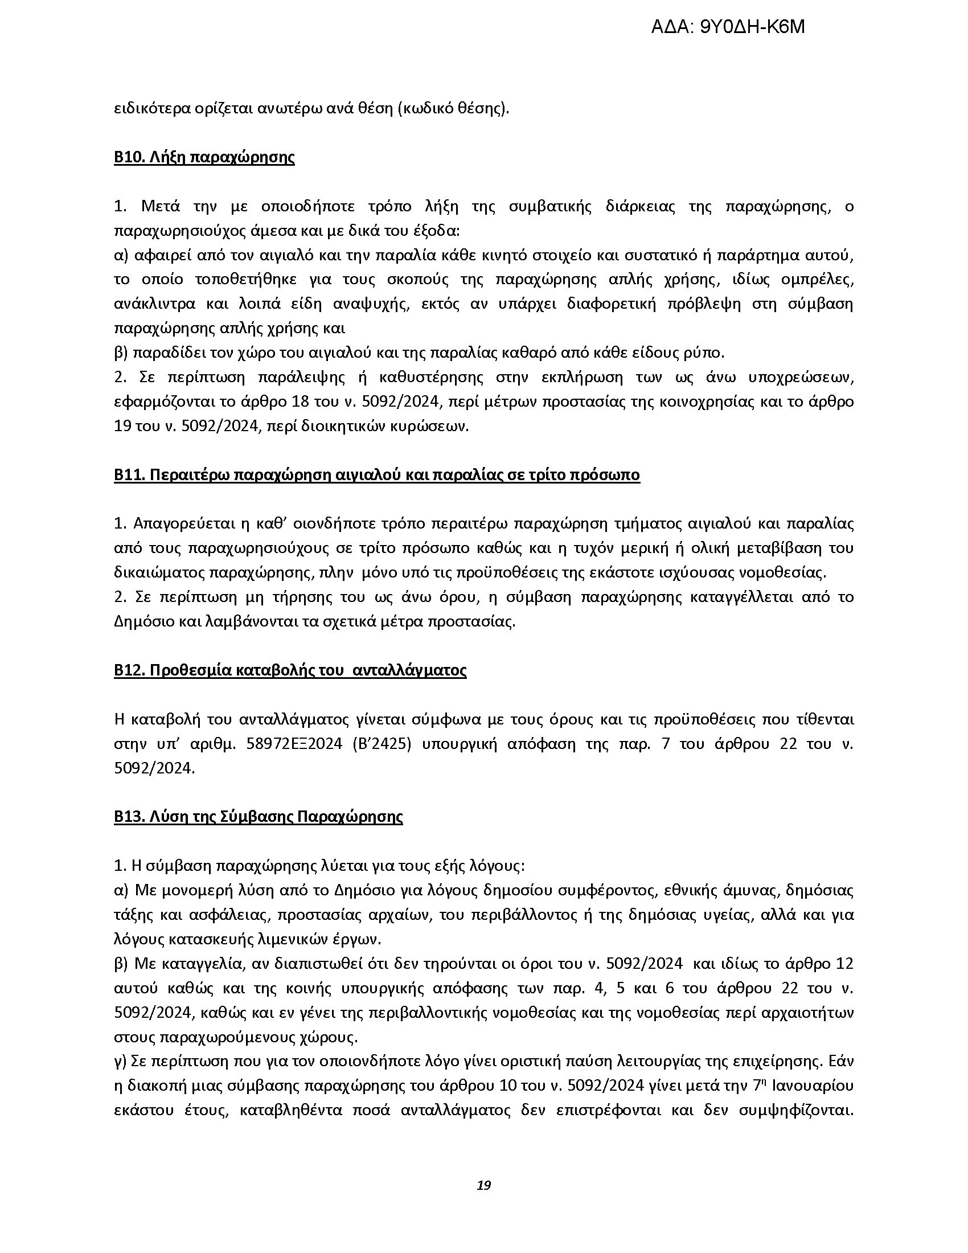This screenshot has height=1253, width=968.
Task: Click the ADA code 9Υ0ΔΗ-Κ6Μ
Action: tap(728, 27)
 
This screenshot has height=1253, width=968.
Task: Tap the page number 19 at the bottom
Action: tap(483, 1186)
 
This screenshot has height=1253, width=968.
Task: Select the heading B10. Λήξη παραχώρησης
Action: tap(204, 158)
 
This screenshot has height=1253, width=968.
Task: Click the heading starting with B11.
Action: tap(377, 475)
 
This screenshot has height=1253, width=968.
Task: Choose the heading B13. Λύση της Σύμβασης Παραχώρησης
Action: tap(258, 816)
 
